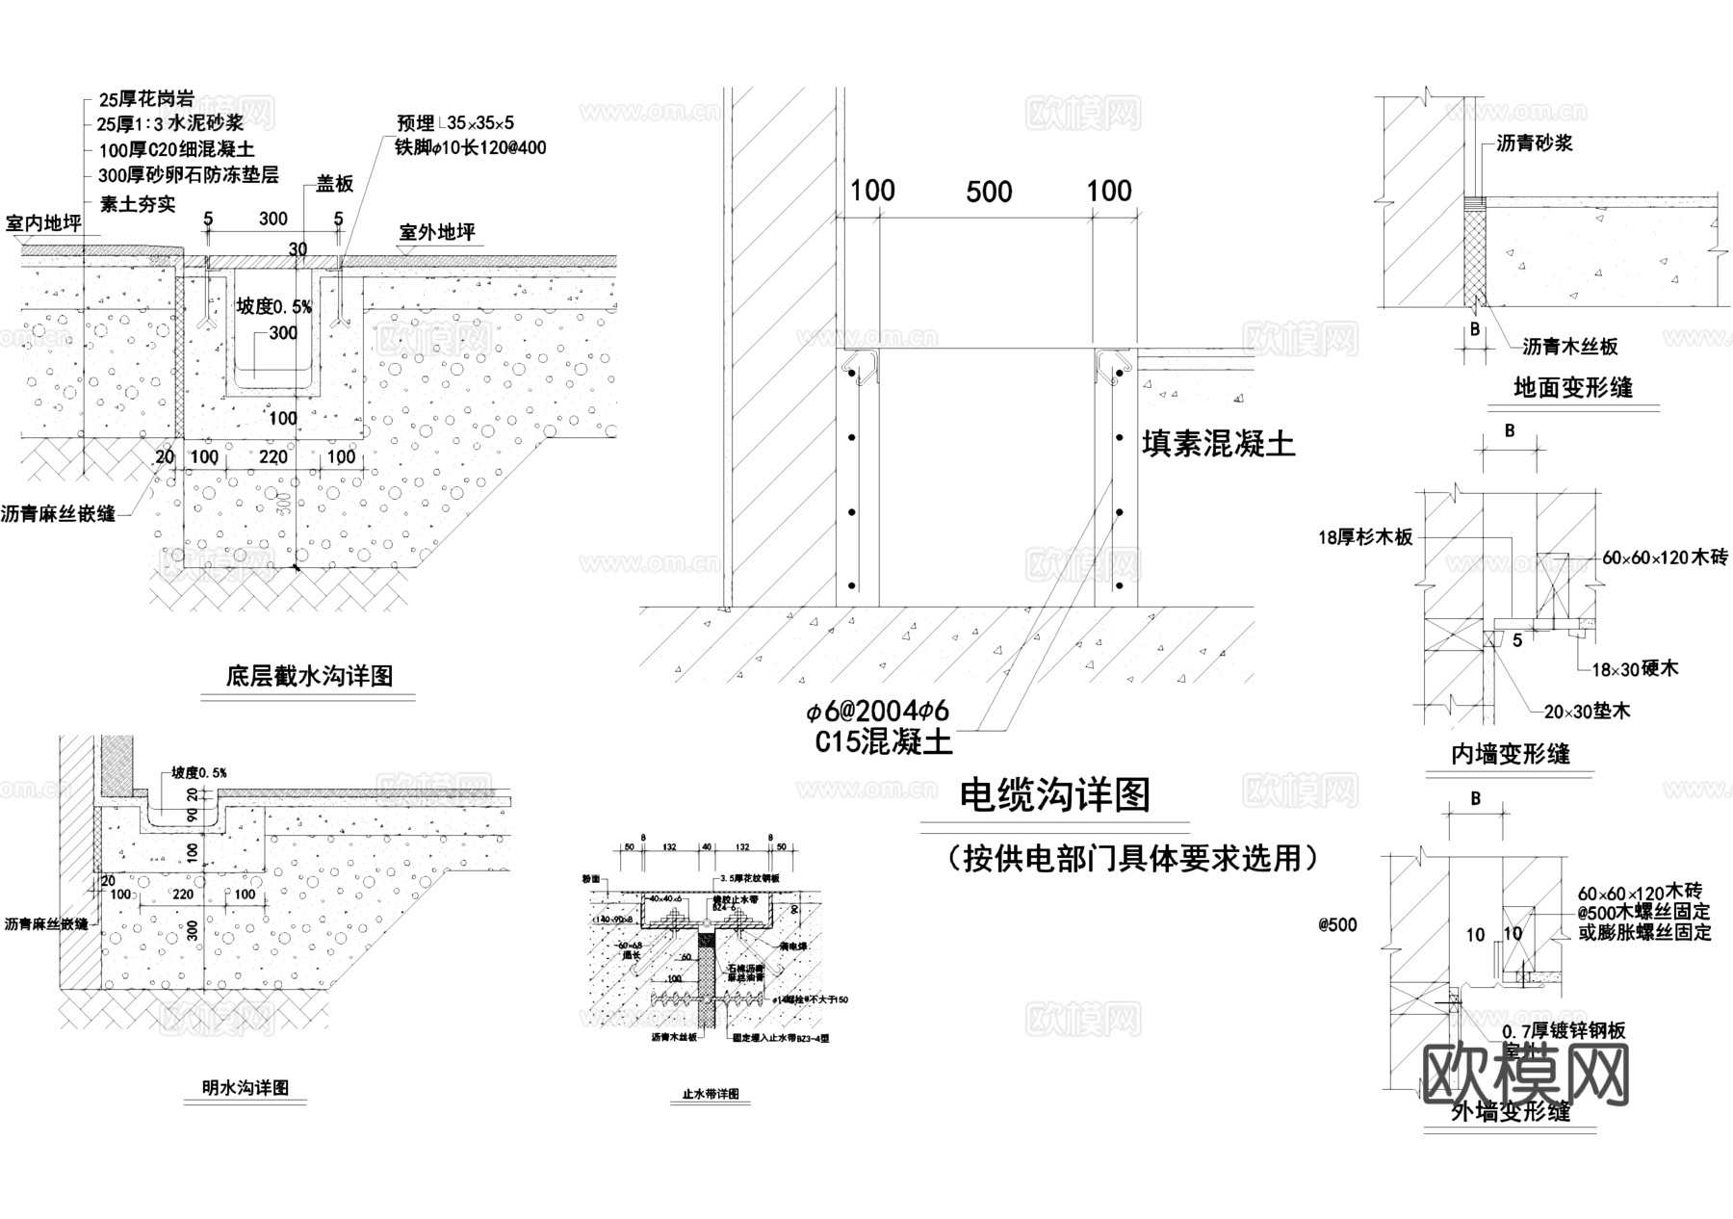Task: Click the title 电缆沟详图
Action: click(x=1055, y=796)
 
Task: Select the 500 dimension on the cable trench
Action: click(x=989, y=192)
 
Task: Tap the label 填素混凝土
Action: click(x=1218, y=444)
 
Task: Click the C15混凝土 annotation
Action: click(x=884, y=741)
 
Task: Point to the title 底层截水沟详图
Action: click(x=309, y=676)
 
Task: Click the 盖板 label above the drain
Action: click(x=335, y=184)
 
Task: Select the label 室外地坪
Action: click(x=437, y=232)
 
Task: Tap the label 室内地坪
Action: click(x=43, y=223)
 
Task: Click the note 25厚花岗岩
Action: click(x=146, y=98)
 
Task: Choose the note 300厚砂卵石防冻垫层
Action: click(x=189, y=175)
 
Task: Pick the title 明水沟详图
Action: click(x=246, y=1088)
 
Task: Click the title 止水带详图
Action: click(x=710, y=1095)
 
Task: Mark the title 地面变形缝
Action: click(x=1573, y=388)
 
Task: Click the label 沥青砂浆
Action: click(x=1535, y=143)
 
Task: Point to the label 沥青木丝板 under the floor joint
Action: click(x=1570, y=347)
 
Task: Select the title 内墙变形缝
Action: click(x=1511, y=754)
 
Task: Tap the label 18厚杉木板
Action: click(x=1365, y=537)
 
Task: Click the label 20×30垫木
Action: click(x=1587, y=712)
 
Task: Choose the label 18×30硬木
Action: click(x=1635, y=668)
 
